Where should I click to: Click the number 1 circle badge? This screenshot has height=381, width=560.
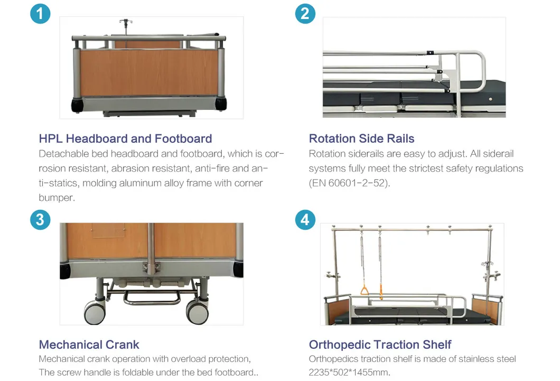click(x=40, y=13)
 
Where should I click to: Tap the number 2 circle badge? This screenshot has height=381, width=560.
click(x=305, y=13)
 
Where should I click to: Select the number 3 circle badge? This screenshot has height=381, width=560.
click(x=40, y=219)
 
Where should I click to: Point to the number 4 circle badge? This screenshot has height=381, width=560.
click(x=305, y=219)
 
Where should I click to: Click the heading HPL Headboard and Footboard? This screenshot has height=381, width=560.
click(x=125, y=138)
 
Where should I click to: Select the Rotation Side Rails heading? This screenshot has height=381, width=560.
click(x=361, y=138)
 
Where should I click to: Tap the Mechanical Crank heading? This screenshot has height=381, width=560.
click(x=89, y=345)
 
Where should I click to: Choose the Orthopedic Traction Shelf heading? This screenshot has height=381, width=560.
click(x=380, y=345)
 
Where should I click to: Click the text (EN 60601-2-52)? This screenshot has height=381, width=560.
click(x=349, y=183)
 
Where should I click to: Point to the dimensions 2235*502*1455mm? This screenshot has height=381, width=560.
click(x=349, y=372)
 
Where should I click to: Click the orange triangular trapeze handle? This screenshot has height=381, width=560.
click(x=365, y=290)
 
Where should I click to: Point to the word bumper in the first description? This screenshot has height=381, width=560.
click(x=57, y=198)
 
